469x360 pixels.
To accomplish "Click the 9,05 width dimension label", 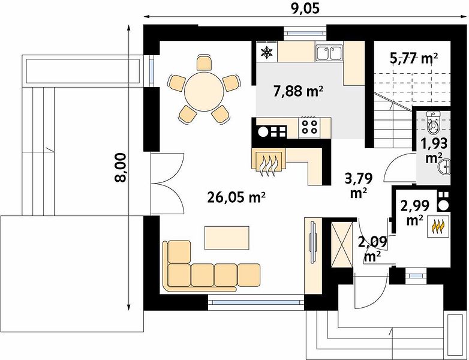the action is pyautogui.click(x=305, y=8).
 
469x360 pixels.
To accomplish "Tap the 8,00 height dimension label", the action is pyautogui.click(x=121, y=167).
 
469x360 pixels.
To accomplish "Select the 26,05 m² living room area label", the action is pyautogui.click(x=236, y=197).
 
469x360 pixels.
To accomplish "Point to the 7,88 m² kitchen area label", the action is pyautogui.click(x=298, y=91).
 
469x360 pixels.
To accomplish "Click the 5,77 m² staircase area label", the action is pyautogui.click(x=414, y=58).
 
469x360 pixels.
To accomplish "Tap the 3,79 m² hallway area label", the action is pyautogui.click(x=359, y=185).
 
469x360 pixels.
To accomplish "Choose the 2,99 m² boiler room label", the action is pyautogui.click(x=415, y=212).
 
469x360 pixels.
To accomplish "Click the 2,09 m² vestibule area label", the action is pyautogui.click(x=372, y=248).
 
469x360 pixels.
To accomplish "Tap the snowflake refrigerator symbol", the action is pyautogui.click(x=267, y=52).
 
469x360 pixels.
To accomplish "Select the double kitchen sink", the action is pyautogui.click(x=329, y=53).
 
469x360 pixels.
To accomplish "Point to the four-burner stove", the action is pyautogui.click(x=309, y=127).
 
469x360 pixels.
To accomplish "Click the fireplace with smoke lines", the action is pyautogui.click(x=269, y=163).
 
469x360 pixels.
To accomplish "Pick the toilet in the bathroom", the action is pyautogui.click(x=432, y=122).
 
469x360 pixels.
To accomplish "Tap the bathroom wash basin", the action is pyautogui.click(x=444, y=166).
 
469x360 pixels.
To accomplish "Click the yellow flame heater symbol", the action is pyautogui.click(x=438, y=226).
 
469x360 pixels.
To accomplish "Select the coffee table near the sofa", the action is pyautogui.click(x=227, y=238).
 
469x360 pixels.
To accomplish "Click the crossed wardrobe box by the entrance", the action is pyautogui.click(x=342, y=244).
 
